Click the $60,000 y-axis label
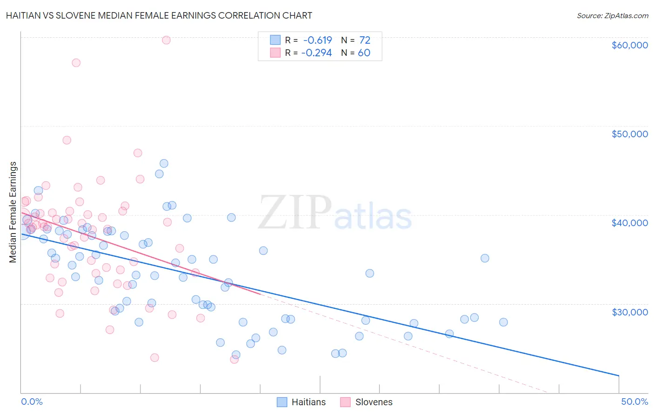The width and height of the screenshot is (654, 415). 629,45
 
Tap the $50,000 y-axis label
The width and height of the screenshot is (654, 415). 629,134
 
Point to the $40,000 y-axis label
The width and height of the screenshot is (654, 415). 629,223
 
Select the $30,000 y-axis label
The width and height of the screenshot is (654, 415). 629,312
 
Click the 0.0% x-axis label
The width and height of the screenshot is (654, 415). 32,402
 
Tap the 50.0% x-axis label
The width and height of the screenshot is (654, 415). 634,402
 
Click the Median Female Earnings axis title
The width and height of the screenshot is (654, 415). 13,212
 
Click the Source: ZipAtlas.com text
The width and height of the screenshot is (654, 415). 612,16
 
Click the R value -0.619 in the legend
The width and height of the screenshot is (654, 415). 318,40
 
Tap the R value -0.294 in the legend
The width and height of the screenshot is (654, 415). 317,53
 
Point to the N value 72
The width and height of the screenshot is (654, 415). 365,40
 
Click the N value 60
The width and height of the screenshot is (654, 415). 364,53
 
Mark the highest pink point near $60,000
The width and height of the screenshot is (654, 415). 166,40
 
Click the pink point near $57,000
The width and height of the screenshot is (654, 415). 76,63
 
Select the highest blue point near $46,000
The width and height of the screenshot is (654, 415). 164,163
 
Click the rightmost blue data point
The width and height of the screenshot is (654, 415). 503,322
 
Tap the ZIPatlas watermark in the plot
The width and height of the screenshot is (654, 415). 335,213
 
